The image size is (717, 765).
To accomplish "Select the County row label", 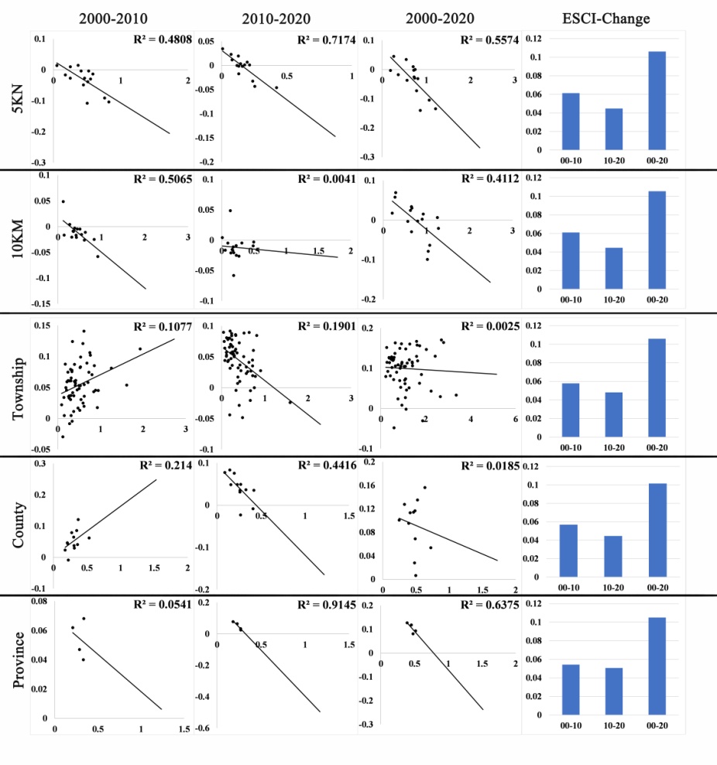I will [x=17, y=526].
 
